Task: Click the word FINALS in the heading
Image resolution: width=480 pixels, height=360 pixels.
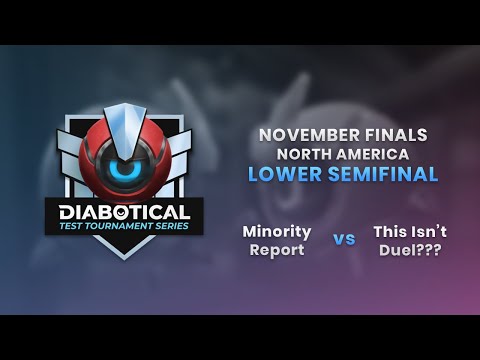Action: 399,133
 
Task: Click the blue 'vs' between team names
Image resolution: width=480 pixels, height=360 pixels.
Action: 344,240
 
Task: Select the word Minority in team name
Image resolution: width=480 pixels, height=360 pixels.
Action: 277,231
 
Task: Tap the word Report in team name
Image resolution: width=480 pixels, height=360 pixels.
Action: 277,250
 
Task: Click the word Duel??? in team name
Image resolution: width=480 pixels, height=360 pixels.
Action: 409,250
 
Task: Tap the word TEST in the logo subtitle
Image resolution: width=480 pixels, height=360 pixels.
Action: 83,227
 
